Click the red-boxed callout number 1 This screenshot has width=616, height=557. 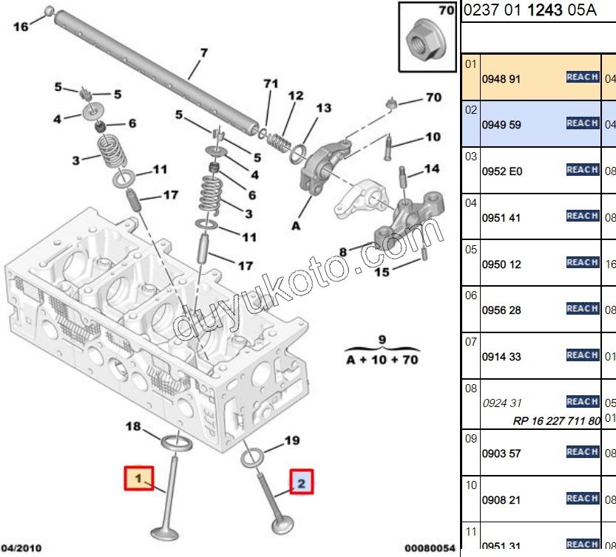(138, 477)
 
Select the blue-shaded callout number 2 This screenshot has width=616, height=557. (302, 483)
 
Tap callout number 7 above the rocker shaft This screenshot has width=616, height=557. (204, 53)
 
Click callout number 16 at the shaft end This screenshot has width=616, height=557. (21, 27)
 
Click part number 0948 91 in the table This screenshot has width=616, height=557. (501, 78)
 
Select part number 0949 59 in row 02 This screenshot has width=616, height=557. (501, 125)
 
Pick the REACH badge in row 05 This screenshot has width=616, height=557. (582, 262)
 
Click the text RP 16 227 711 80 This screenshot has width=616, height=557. (556, 421)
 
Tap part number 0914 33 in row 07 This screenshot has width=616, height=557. (501, 357)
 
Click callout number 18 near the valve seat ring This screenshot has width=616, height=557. (133, 426)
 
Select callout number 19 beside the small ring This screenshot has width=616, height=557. (292, 441)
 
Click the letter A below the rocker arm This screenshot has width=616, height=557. (296, 226)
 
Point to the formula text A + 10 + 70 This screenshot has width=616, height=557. (382, 360)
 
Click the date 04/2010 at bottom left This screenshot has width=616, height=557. (21, 548)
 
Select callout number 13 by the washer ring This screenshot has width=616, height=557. (323, 108)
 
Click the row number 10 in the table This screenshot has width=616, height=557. (471, 485)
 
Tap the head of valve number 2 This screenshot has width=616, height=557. (281, 527)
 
